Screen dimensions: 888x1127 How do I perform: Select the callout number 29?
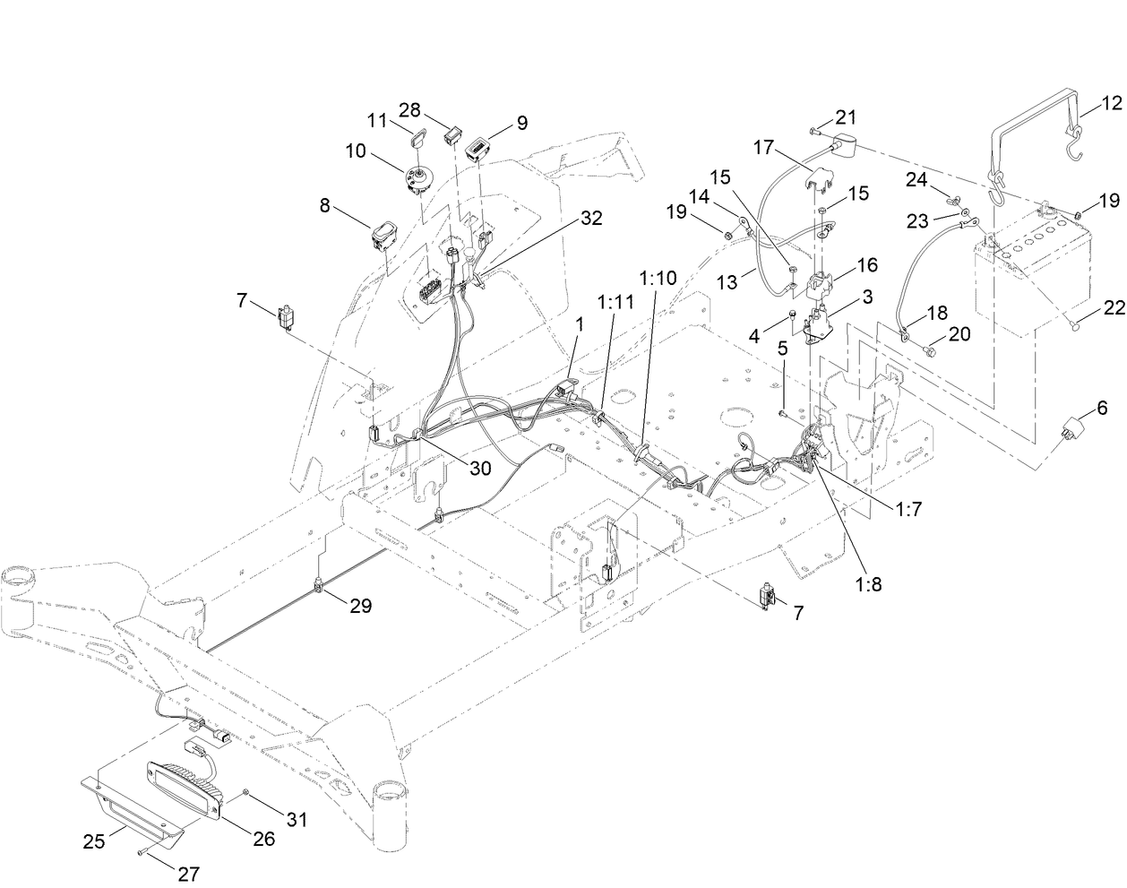coord(360,606)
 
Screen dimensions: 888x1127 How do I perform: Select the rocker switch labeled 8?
coord(383,236)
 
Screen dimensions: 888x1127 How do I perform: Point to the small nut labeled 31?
coord(245,794)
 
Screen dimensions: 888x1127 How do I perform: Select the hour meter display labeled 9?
coord(482,146)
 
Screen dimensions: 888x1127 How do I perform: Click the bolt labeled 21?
coord(813,131)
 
